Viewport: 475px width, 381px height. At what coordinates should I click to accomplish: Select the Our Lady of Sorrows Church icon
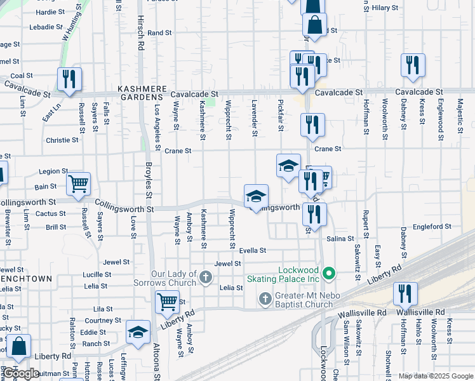205,276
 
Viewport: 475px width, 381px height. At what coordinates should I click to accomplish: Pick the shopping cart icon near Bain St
78,184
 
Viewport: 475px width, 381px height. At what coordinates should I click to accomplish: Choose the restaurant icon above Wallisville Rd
405,294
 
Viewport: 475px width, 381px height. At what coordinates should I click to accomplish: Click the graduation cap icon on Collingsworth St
256,196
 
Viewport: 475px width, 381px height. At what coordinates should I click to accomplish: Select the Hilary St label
385,8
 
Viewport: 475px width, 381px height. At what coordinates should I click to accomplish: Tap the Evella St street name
252,251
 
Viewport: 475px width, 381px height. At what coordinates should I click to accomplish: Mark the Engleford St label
431,226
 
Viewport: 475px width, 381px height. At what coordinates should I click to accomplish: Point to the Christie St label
62,140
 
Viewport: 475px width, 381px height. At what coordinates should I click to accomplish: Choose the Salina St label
340,238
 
